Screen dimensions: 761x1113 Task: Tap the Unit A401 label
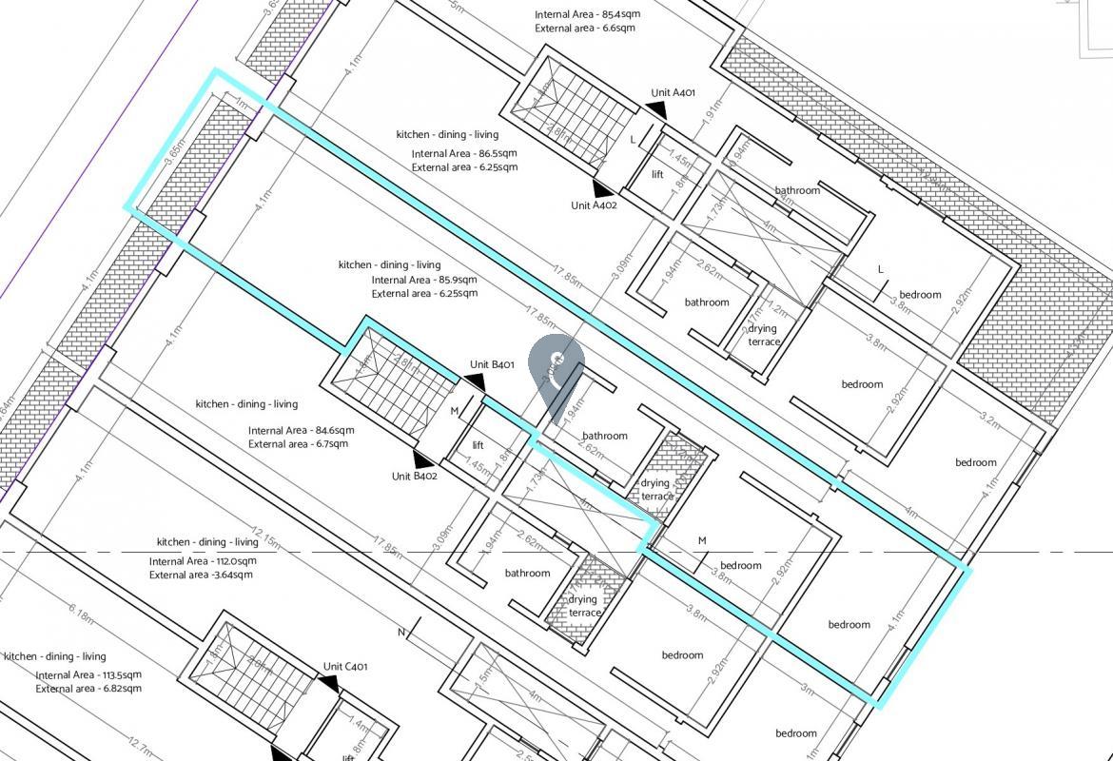(x=673, y=93)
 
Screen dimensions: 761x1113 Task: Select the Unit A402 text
(x=594, y=205)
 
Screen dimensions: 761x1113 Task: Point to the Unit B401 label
(x=492, y=364)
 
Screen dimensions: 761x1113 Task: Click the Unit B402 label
(x=414, y=477)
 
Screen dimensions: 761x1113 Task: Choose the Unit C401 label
(x=345, y=667)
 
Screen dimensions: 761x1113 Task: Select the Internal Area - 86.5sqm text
(x=464, y=154)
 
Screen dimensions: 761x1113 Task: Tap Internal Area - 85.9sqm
(x=424, y=280)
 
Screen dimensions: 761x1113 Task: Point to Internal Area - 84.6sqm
(x=301, y=430)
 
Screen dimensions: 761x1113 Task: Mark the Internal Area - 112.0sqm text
(x=202, y=561)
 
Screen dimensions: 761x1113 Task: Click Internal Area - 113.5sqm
(x=88, y=675)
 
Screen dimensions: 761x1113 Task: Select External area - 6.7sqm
(x=298, y=443)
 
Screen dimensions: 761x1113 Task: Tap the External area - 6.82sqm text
(x=88, y=689)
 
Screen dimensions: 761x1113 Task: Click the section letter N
(x=401, y=633)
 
